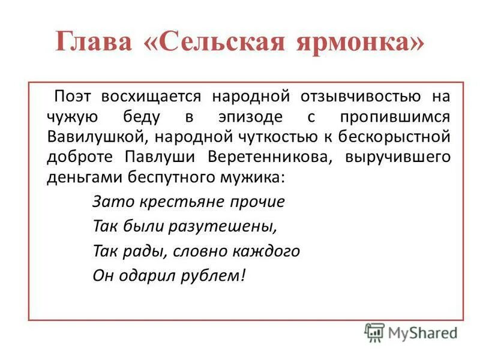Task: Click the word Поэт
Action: (x=74, y=96)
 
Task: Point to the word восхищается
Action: (x=151, y=96)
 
